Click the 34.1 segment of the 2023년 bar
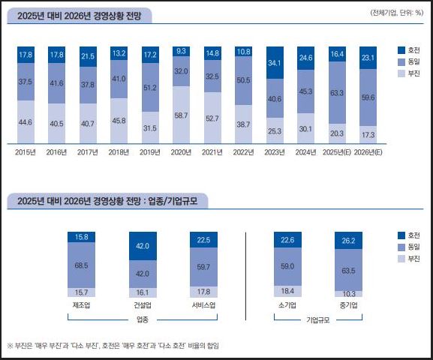(x=275, y=62)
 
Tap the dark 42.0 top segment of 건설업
(x=143, y=245)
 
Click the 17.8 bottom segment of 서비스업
(x=204, y=292)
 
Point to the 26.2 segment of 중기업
(x=347, y=241)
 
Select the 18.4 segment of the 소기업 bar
(x=287, y=290)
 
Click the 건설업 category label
(x=143, y=306)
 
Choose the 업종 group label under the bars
(x=143, y=320)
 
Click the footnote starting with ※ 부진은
(x=113, y=346)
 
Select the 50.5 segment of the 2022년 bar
(x=245, y=81)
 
